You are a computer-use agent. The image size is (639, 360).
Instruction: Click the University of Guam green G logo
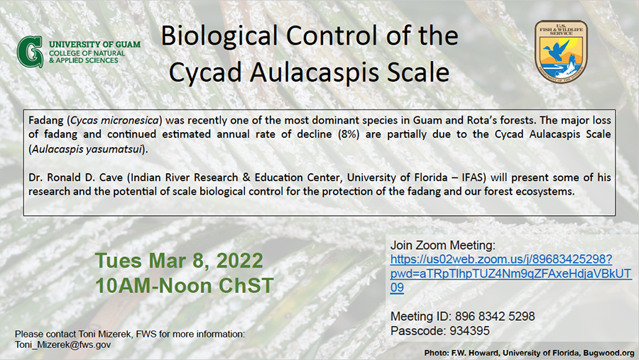click(30, 52)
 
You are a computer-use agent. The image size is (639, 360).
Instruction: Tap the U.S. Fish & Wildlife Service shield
click(561, 52)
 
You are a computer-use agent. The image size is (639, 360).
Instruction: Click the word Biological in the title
click(219, 37)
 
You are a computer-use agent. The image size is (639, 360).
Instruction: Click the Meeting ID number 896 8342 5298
click(495, 317)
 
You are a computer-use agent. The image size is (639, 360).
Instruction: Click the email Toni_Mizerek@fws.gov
click(62, 345)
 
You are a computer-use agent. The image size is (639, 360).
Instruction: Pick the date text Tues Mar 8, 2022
click(179, 261)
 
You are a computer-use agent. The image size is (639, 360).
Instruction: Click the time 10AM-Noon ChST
click(184, 285)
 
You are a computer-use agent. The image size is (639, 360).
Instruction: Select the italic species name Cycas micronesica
click(114, 120)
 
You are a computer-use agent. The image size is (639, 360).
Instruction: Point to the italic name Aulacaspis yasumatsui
click(87, 149)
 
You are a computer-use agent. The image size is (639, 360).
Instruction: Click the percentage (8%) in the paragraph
click(349, 134)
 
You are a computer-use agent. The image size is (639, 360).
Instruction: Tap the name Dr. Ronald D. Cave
click(75, 178)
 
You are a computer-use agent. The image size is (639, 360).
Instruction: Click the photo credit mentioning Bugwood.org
click(529, 353)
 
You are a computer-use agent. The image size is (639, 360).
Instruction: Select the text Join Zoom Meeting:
click(443, 246)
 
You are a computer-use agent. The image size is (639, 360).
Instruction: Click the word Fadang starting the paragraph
click(46, 121)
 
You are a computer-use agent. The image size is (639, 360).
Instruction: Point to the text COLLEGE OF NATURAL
click(87, 53)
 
